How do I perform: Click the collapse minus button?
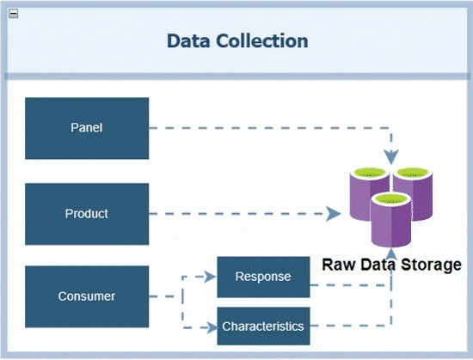[x=13, y=14]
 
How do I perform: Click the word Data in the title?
[x=188, y=41]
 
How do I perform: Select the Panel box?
[x=87, y=128]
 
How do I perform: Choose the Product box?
[x=87, y=214]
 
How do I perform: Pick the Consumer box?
[x=87, y=296]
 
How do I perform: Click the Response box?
[x=263, y=277]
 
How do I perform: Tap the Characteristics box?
[x=263, y=326]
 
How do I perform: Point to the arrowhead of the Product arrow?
[x=334, y=214]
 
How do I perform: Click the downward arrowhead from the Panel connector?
[x=391, y=157]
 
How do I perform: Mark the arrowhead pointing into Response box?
[x=210, y=277]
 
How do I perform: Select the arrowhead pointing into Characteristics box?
[x=212, y=327]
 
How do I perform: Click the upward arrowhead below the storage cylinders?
[x=391, y=254]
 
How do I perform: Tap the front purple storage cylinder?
[x=391, y=220]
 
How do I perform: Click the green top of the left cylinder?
[x=370, y=173]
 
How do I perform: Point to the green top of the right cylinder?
[x=413, y=173]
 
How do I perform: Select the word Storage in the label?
[x=431, y=265]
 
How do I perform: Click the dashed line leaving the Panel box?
[x=270, y=128]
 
